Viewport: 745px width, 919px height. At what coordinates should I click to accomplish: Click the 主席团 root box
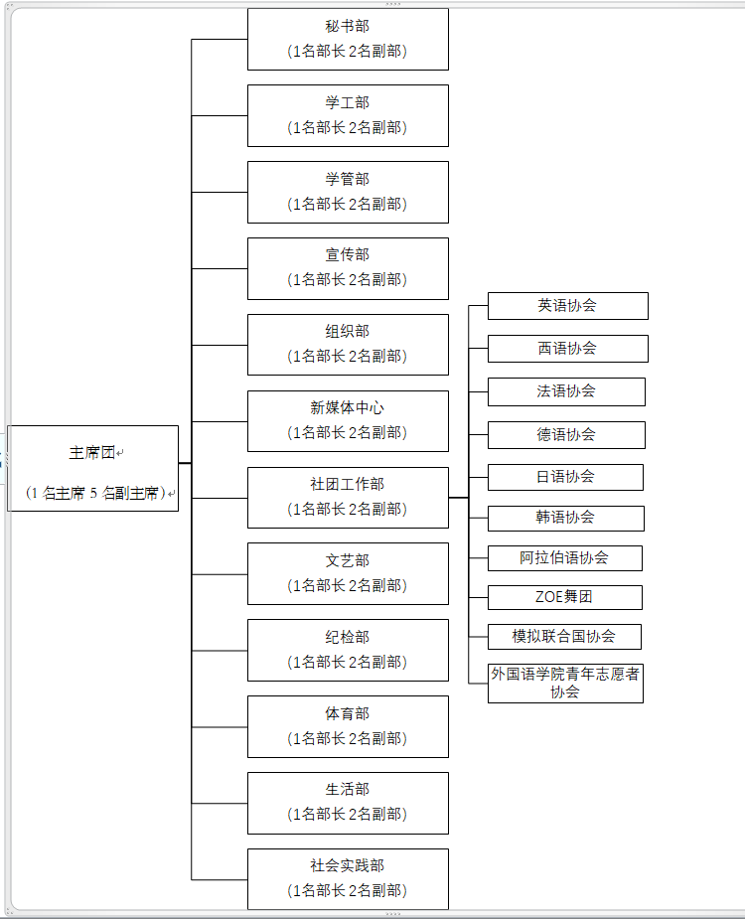coord(92,468)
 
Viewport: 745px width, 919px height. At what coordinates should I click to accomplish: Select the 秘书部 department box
coord(349,40)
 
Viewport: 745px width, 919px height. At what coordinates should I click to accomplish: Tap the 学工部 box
coord(349,115)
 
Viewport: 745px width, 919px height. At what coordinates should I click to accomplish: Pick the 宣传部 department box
coord(349,268)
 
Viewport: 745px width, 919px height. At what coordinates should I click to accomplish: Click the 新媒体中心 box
coord(349,421)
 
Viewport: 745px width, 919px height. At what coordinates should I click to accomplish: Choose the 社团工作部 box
coord(349,498)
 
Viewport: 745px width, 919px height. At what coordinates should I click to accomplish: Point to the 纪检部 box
coord(349,650)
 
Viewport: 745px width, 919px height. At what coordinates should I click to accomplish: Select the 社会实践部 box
coord(349,879)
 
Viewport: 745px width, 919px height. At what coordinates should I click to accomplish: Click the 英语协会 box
coord(568,306)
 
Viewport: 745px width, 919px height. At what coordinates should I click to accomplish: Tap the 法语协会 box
coord(567,391)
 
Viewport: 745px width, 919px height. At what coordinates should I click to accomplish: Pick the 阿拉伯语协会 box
coord(565,558)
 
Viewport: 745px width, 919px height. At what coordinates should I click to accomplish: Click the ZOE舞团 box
coord(565,597)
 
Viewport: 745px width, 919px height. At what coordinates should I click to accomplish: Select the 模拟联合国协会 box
coord(564,637)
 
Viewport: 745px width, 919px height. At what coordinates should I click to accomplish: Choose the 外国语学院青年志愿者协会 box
coord(565,684)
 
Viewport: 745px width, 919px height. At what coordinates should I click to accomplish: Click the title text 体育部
coord(348,714)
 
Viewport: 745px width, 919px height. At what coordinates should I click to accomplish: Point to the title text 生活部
coord(348,790)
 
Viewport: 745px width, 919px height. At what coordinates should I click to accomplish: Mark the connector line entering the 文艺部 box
coord(220,574)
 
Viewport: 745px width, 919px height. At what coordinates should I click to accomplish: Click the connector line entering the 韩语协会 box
coord(479,518)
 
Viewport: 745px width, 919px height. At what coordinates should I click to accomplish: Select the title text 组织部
coord(348,331)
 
